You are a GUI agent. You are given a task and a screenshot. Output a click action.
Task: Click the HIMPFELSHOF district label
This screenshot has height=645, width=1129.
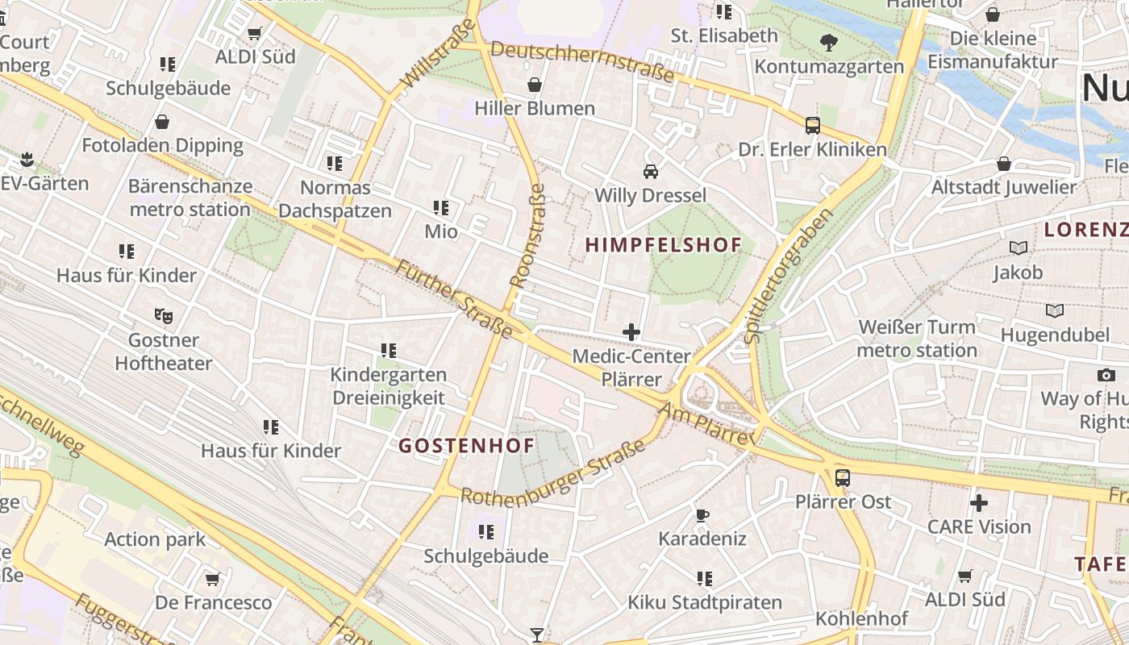(663, 245)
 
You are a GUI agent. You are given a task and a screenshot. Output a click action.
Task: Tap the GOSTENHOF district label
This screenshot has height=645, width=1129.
(466, 445)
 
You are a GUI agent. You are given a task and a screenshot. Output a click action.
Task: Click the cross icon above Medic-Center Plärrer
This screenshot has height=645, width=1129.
(631, 331)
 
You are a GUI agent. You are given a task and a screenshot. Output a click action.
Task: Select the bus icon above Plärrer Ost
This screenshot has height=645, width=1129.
(843, 477)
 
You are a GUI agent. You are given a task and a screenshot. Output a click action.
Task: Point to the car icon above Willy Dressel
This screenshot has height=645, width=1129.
(650, 171)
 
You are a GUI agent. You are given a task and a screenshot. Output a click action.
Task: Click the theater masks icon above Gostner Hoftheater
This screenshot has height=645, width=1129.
(163, 315)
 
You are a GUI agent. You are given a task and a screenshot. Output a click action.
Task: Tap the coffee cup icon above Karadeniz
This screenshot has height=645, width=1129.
(702, 514)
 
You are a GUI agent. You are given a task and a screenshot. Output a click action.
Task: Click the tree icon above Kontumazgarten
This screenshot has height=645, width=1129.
(828, 42)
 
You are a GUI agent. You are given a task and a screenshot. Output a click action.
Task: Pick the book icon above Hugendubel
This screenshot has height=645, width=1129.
(1054, 310)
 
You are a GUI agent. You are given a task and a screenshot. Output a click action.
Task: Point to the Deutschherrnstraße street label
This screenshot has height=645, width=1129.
(581, 61)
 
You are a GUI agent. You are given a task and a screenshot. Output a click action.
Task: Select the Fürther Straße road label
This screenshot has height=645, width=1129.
(454, 298)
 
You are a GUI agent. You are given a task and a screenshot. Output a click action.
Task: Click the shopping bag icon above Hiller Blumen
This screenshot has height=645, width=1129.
(534, 85)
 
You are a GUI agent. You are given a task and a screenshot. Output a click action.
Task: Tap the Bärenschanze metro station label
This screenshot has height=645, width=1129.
(190, 198)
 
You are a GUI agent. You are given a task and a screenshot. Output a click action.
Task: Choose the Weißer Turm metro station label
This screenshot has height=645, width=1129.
(917, 339)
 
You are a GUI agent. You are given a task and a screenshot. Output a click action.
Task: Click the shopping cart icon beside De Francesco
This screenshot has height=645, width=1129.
(212, 579)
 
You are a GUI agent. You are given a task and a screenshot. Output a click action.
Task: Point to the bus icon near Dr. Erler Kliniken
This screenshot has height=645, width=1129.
(813, 126)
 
